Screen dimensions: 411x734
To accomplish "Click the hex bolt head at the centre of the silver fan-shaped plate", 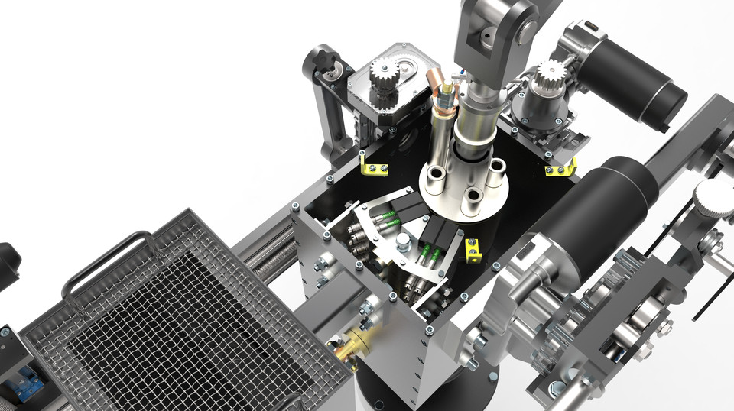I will (x=403, y=243).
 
